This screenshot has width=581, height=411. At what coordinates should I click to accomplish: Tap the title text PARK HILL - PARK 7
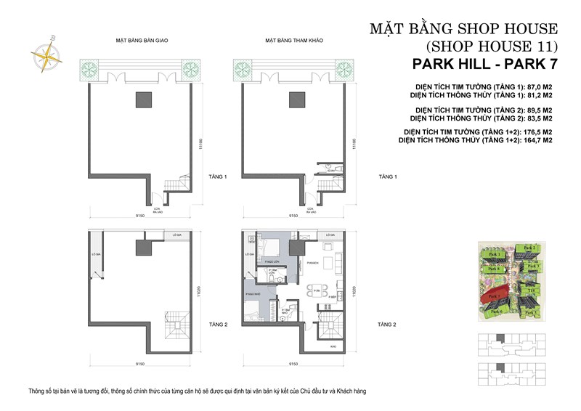[x=479, y=65]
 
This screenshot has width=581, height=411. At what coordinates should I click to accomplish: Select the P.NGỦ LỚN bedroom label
[x=274, y=260]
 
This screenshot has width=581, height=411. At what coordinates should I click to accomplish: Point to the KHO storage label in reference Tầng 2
[x=333, y=347]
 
